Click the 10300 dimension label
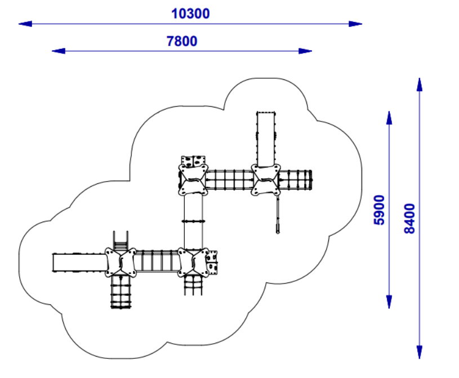[190, 13]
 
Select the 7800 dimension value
[182, 41]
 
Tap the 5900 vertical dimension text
[379, 210]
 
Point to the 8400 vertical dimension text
[409, 218]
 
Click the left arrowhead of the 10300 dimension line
[25, 24]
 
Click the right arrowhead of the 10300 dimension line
[355, 24]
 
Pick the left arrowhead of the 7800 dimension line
[59, 51]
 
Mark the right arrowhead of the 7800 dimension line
[305, 51]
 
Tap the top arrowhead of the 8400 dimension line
[420, 85]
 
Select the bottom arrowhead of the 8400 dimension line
[420, 352]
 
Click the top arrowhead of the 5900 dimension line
[389, 118]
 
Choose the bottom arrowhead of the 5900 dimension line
[389, 301]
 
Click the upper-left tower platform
[193, 180]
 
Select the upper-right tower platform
[266, 180]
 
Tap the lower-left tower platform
[121, 263]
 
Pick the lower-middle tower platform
[193, 263]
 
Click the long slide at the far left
[79, 263]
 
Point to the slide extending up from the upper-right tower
[266, 139]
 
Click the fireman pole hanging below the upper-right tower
[278, 214]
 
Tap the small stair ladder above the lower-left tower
[121, 241]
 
